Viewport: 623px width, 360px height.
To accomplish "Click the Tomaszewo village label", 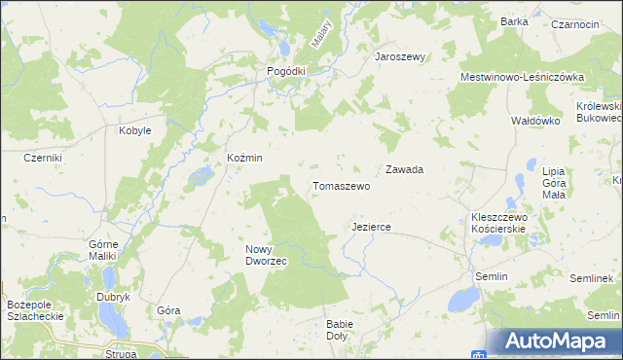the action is coord(341,186).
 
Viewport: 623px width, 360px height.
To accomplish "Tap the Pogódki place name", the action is coord(287,71).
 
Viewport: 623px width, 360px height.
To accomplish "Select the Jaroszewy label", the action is coord(401,56).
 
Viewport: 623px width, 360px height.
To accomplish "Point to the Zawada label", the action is coord(404,169).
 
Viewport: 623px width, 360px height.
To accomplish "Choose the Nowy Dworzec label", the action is coord(265,255).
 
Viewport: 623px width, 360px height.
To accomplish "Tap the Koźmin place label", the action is coord(244,158).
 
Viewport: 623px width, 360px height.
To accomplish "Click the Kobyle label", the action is coord(134,130).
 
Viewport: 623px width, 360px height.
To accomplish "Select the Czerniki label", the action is coord(43,158).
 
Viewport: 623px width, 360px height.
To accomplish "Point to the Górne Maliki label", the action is coord(102,249).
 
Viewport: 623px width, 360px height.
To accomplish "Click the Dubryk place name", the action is coord(113,297).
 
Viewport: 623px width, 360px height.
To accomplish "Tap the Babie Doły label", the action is coord(342,330).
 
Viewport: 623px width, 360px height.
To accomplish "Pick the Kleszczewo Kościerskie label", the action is coord(497,223).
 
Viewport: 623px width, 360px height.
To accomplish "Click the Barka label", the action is coord(513,21).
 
